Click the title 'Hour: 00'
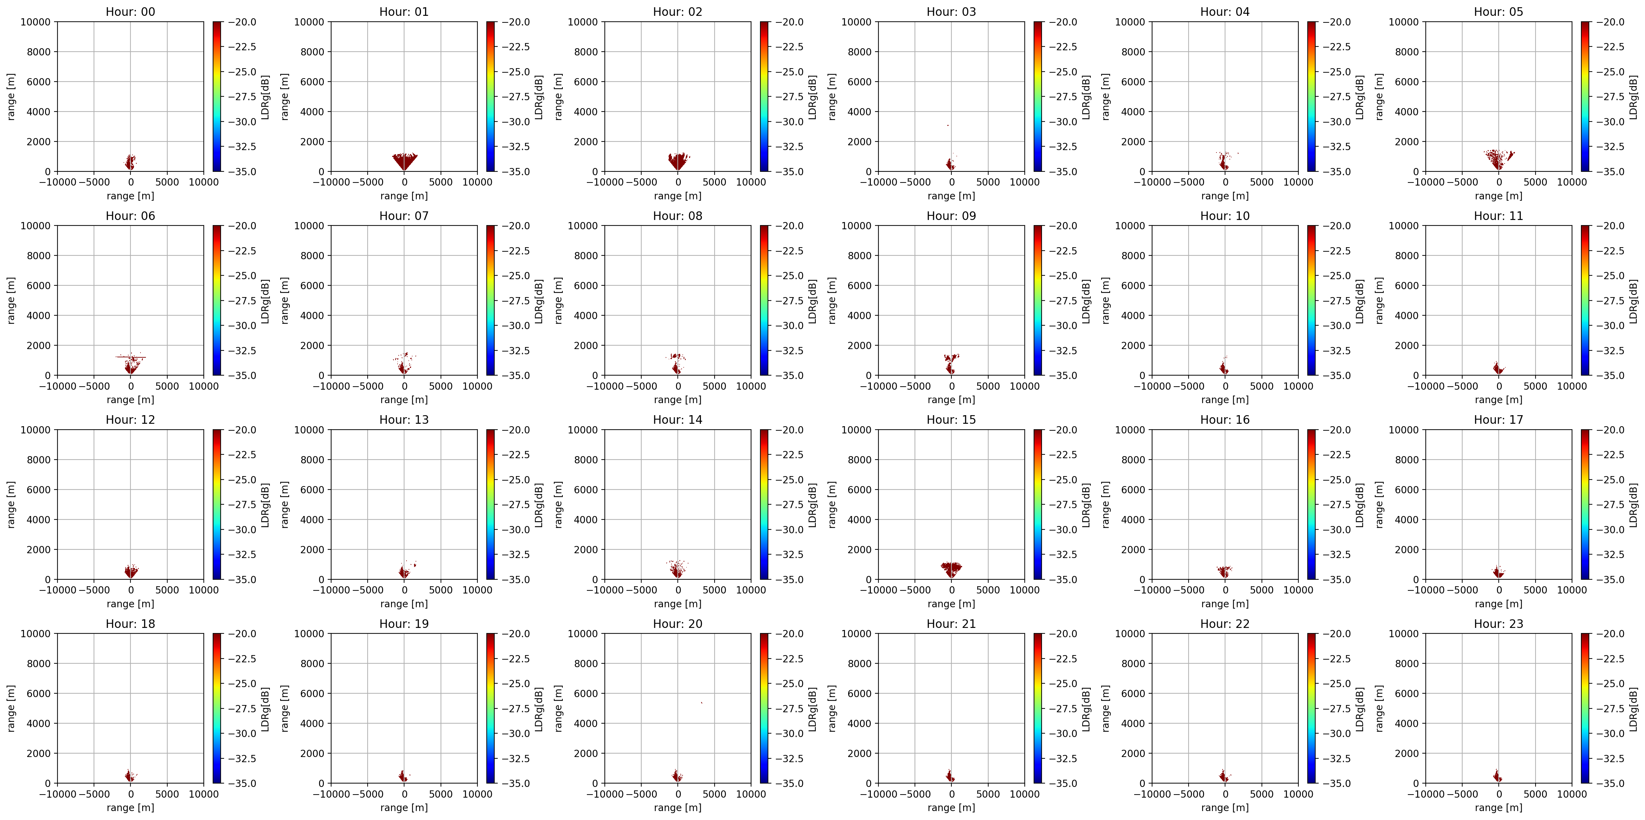pyautogui.click(x=130, y=11)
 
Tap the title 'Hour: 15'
pyautogui.click(x=951, y=420)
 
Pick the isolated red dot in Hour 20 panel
pyautogui.click(x=702, y=703)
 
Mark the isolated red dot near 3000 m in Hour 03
pyautogui.click(x=948, y=125)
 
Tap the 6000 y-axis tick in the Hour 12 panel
pyautogui.click(x=39, y=490)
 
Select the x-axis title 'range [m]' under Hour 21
pyautogui.click(x=951, y=807)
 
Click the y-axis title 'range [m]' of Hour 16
pyautogui.click(x=1105, y=505)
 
